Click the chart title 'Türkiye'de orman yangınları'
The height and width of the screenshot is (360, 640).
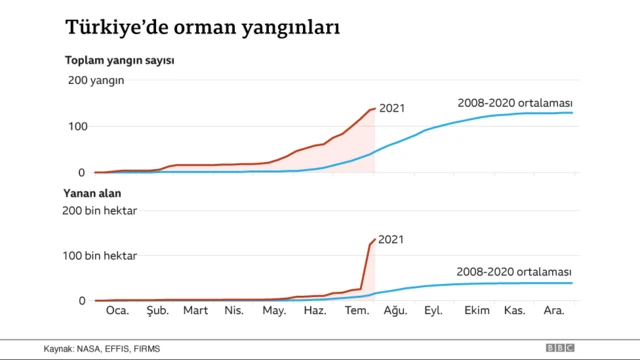coord(201,27)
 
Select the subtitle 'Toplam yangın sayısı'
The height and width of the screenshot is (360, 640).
coord(120,61)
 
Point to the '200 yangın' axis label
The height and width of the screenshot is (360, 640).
coord(96,81)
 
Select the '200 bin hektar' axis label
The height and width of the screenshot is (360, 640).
coord(102,210)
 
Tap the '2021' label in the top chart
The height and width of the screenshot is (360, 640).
coord(392,108)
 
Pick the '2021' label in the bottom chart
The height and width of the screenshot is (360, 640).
coord(392,240)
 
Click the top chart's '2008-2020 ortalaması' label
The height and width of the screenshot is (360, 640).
coord(514,102)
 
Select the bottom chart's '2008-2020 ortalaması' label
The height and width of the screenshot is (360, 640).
coord(514,271)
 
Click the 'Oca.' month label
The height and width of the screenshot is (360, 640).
coord(118,312)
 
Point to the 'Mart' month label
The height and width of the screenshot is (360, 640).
coord(195,312)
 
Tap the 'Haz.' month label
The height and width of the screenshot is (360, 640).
coord(315,312)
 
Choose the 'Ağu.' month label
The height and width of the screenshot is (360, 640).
coord(395,312)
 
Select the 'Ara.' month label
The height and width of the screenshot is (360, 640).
coord(553,312)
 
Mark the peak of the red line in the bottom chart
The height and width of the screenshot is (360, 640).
coord(375,239)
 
